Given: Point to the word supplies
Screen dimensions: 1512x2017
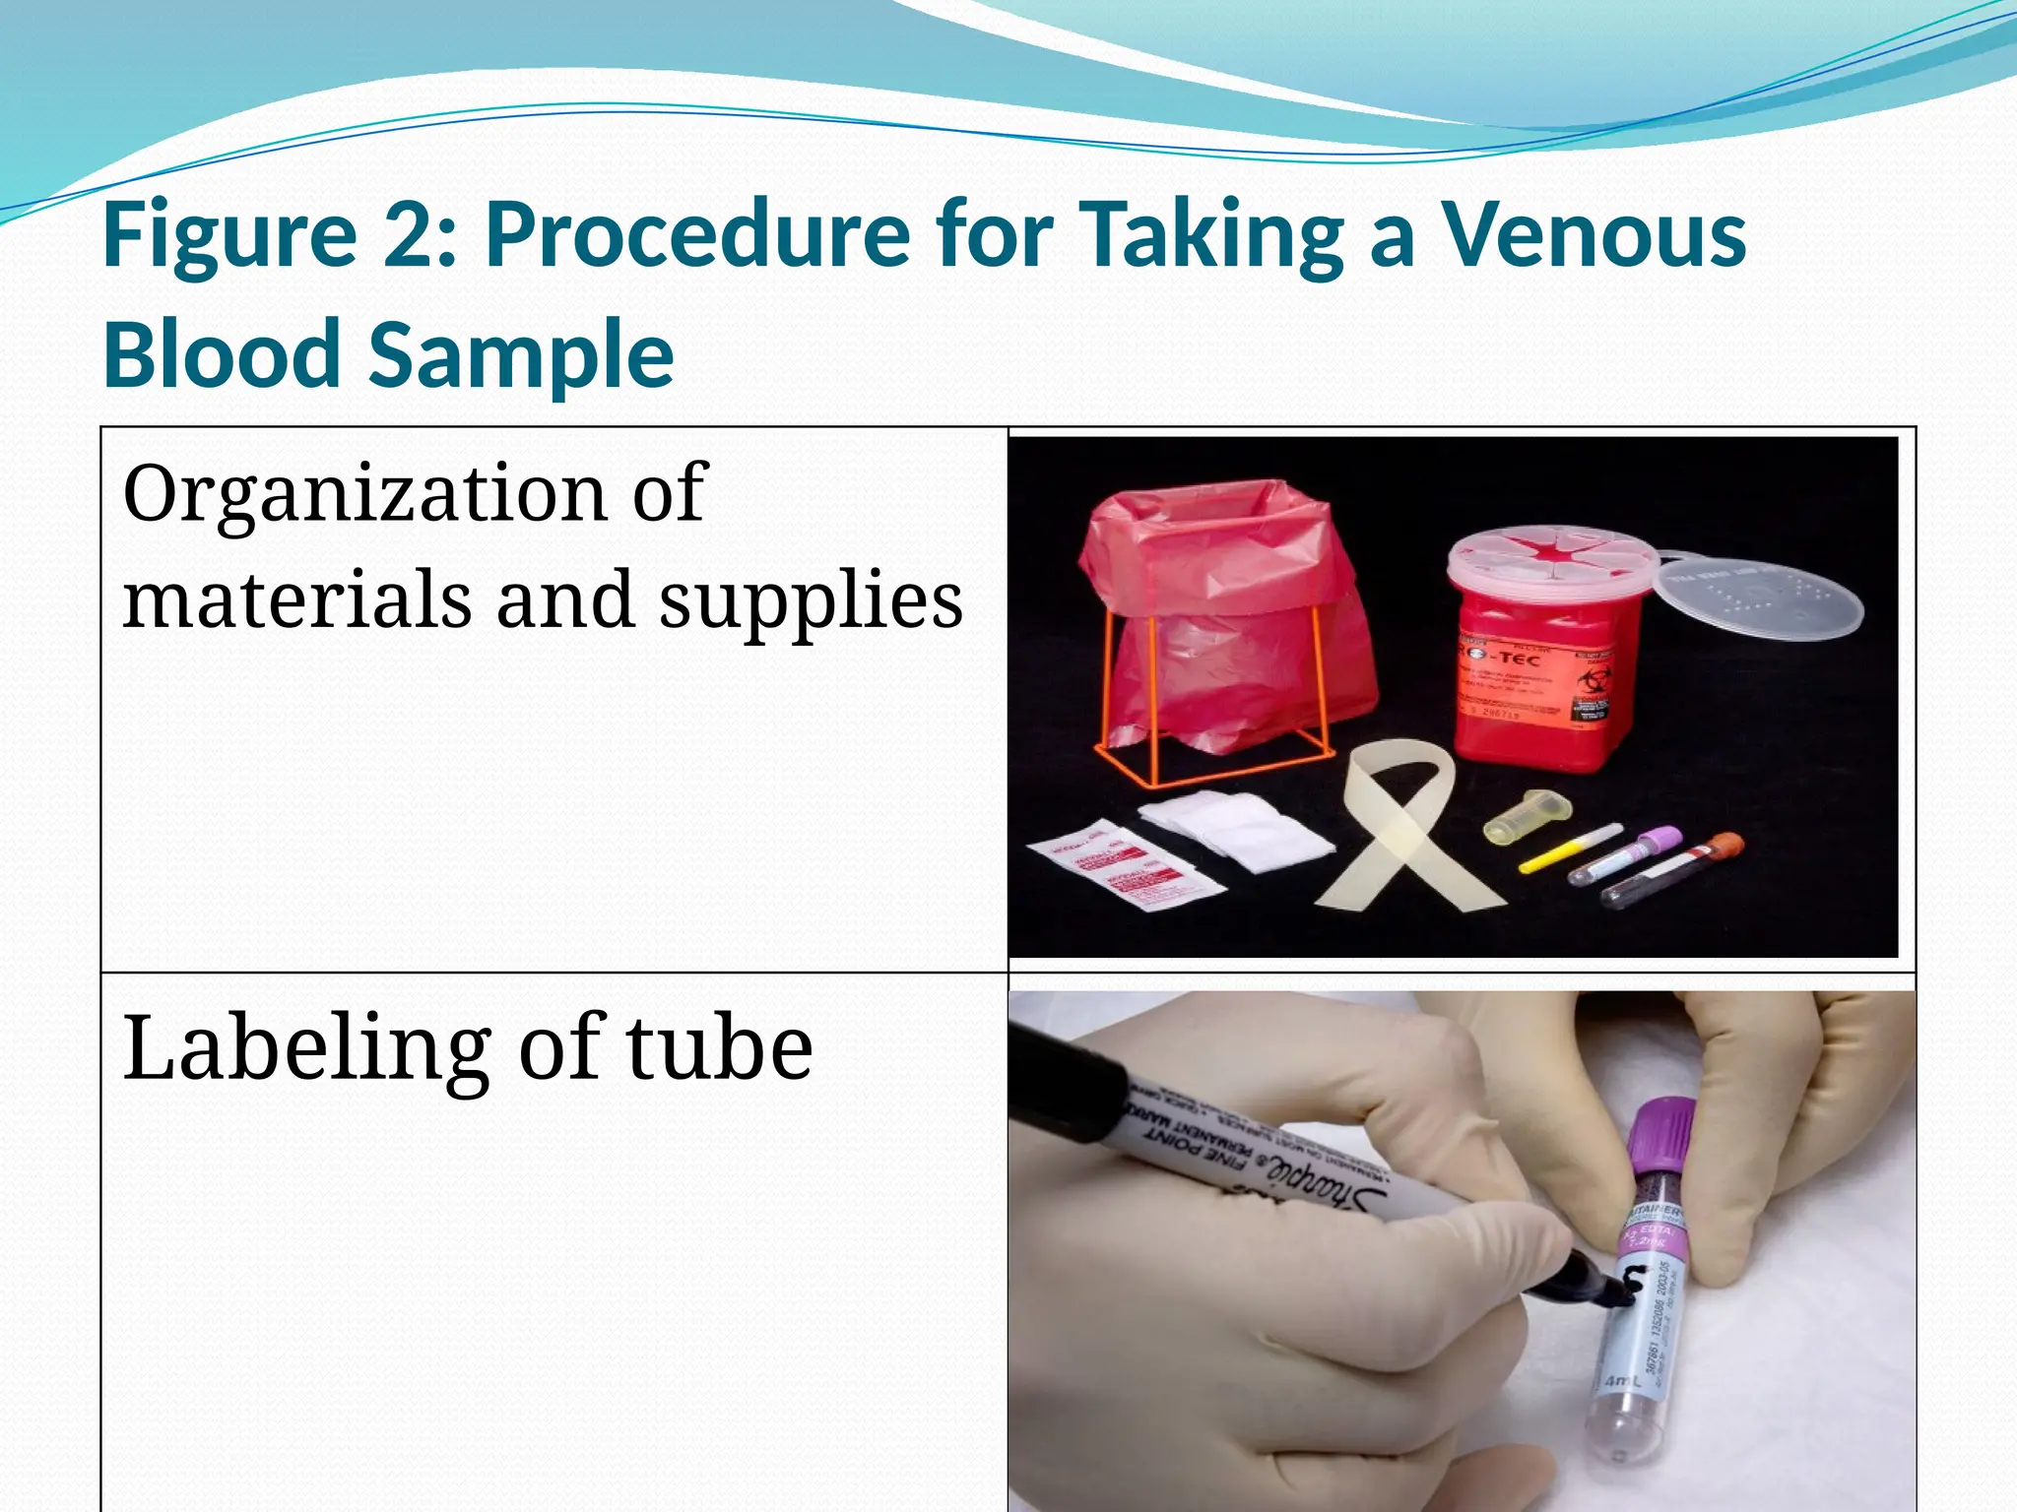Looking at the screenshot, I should (811, 602).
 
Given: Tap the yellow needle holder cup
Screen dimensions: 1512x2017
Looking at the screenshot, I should (1525, 814).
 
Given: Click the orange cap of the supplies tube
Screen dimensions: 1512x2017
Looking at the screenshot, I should (1724, 845).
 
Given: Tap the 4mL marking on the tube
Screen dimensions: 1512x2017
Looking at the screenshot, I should (1621, 1381).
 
